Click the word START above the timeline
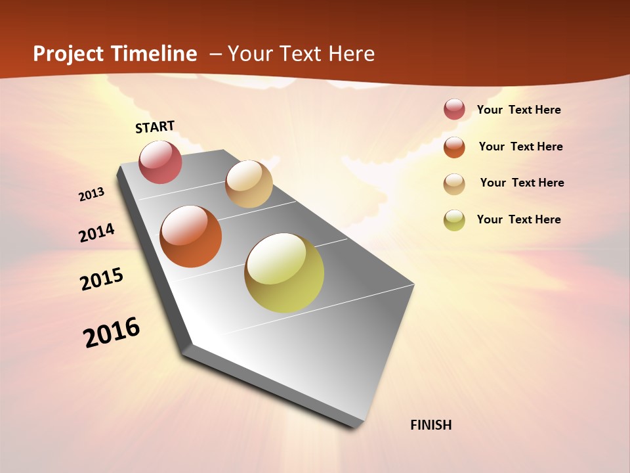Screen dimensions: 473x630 pos(155,127)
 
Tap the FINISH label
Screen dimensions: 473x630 pos(430,425)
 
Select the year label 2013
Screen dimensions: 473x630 pos(91,194)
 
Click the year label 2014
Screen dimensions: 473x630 pos(96,233)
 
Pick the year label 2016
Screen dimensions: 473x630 pos(112,332)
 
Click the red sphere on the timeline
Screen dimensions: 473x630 pos(160,162)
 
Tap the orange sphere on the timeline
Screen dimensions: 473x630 pos(191,236)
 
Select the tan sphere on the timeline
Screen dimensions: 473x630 pos(249,184)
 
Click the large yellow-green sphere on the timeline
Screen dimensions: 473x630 pos(284,273)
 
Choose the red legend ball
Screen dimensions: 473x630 pos(454,109)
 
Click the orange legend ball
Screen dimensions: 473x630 pos(454,147)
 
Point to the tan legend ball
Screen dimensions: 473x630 pos(454,183)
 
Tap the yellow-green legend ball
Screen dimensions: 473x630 pos(454,219)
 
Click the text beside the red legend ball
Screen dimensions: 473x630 pos(518,110)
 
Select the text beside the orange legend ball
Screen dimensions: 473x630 pos(520,146)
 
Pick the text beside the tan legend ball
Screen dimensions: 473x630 pos(522,183)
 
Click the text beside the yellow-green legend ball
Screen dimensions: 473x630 pos(518,219)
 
